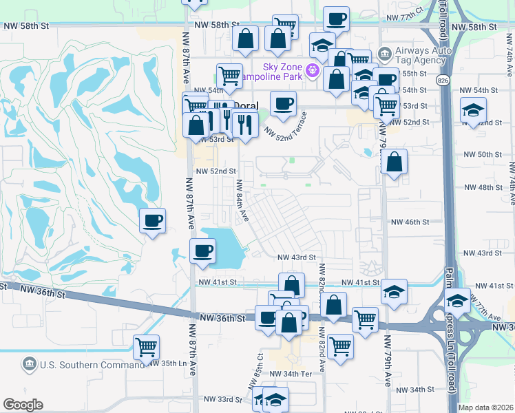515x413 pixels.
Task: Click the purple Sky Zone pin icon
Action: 312,69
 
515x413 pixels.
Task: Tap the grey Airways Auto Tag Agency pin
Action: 384,52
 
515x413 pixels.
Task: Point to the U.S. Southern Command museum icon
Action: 30,363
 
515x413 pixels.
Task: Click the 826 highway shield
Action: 442,80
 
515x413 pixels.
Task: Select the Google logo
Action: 23,405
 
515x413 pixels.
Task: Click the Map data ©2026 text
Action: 485,407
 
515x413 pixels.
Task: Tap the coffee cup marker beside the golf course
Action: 152,222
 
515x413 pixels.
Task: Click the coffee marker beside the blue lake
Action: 202,252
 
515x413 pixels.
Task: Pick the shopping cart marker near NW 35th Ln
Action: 146,348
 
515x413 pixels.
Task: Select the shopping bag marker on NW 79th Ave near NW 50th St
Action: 394,164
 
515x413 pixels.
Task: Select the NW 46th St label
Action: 410,222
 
